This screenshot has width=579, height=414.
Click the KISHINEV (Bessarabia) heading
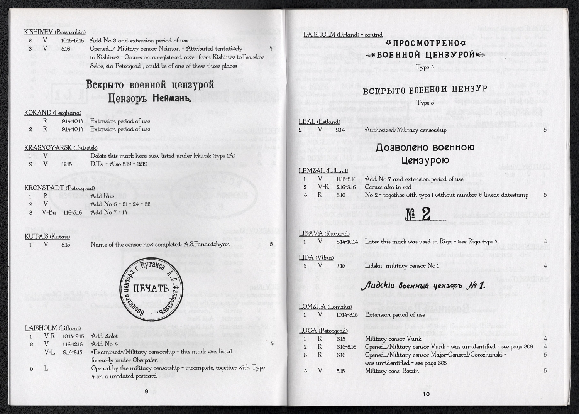(x=55, y=32)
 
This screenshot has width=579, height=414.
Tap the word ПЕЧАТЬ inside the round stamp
(x=151, y=288)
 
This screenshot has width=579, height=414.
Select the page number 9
(x=146, y=391)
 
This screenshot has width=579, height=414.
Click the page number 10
(x=426, y=394)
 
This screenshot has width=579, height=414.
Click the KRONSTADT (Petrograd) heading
(x=59, y=188)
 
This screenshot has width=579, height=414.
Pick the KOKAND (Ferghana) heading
(x=53, y=113)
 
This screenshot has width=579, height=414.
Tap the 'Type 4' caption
(x=425, y=67)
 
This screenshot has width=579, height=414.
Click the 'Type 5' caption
(x=425, y=103)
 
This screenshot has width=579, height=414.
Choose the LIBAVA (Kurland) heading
(x=324, y=233)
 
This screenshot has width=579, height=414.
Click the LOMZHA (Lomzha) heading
(x=325, y=307)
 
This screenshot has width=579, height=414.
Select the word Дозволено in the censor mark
(x=402, y=147)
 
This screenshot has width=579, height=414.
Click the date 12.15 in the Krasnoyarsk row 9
(x=66, y=164)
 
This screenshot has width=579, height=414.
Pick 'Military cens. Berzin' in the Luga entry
(x=392, y=371)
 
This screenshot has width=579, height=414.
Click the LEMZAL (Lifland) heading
(x=323, y=171)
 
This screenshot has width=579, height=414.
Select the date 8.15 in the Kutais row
(x=66, y=245)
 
